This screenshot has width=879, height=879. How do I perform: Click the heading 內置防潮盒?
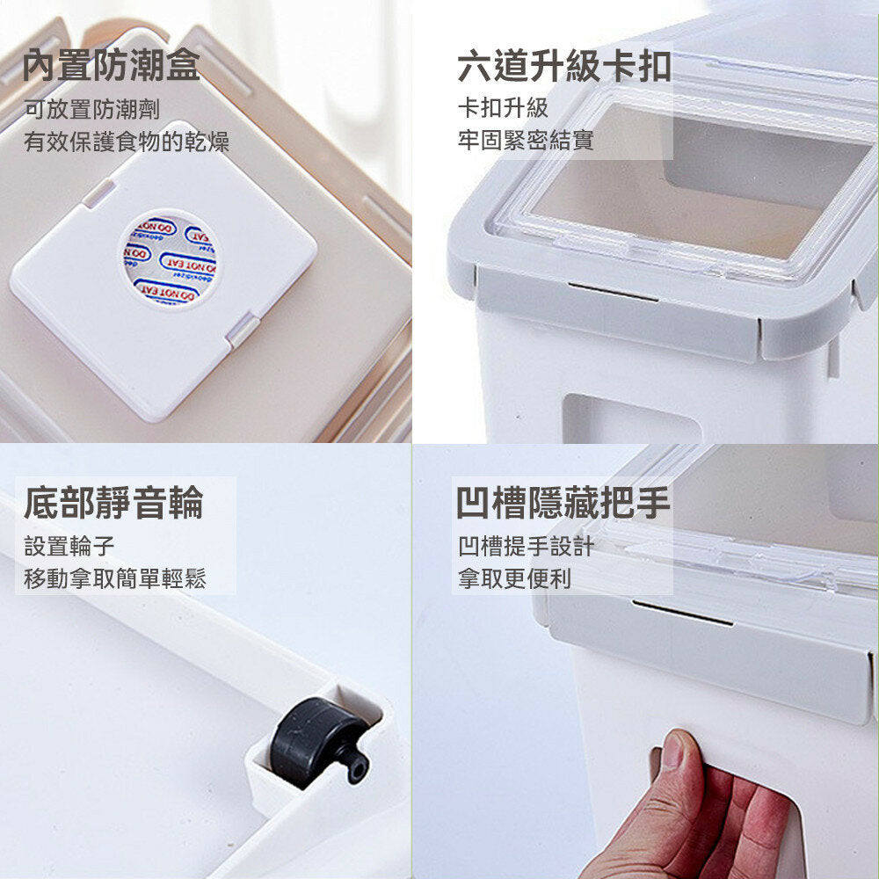[111, 65]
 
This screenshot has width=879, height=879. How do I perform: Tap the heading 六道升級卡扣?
[564, 66]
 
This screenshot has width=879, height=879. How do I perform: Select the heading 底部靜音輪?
[113, 503]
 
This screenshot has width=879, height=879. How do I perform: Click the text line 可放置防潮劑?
[92, 109]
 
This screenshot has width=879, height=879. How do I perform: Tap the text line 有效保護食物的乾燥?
[127, 142]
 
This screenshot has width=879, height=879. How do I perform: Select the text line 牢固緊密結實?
[526, 140]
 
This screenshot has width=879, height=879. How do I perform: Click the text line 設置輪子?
[69, 546]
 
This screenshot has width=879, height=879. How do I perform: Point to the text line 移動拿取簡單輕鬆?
[115, 578]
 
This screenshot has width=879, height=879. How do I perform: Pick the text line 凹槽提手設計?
[526, 546]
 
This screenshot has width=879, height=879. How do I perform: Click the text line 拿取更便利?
[514, 578]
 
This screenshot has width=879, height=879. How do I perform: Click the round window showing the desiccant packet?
[170, 259]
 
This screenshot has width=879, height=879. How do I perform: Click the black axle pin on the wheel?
[358, 764]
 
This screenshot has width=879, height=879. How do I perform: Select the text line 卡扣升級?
[503, 108]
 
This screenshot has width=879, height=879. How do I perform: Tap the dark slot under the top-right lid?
[612, 292]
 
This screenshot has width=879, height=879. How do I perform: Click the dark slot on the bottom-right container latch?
[682, 614]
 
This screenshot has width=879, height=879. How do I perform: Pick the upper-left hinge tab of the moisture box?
[98, 193]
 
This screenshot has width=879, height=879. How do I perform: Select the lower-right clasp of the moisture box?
[243, 331]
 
